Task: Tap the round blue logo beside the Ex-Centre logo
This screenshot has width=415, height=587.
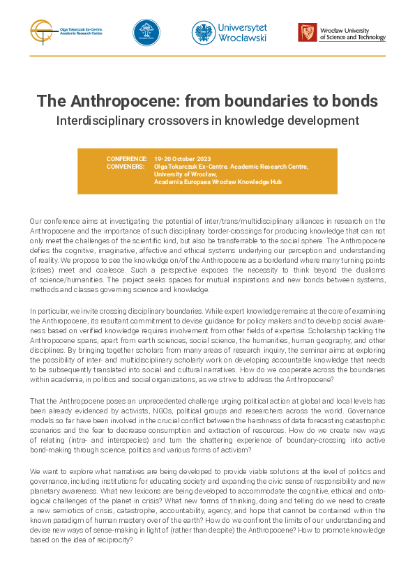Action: coord(146,33)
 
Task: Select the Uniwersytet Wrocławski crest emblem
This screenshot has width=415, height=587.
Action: coord(203,32)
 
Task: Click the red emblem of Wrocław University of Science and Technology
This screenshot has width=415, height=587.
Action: coord(307,32)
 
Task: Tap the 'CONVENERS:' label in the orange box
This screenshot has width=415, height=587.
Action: coord(126,167)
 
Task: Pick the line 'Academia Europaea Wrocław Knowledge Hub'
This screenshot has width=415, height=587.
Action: coord(219,181)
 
